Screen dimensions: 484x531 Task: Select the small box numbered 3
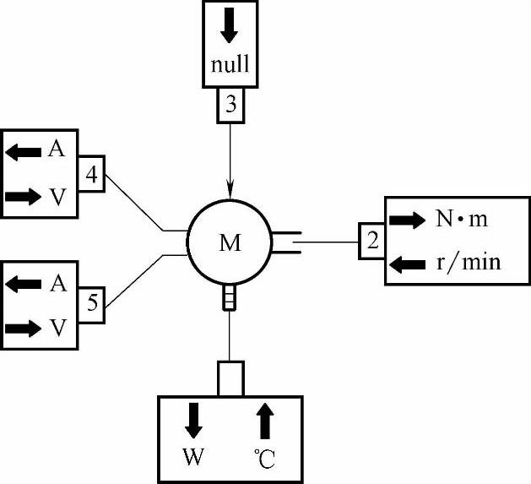coord(230,106)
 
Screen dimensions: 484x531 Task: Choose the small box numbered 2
coord(372,242)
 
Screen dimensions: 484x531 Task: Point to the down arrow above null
coord(230,29)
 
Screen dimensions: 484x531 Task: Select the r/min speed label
coord(469,263)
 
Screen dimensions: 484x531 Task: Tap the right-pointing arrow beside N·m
coord(409,220)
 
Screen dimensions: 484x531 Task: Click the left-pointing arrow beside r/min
coord(409,264)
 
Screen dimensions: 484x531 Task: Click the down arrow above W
coord(193,419)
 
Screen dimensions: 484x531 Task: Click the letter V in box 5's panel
coord(57,328)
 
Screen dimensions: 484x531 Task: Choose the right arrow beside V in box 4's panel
coord(23,197)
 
